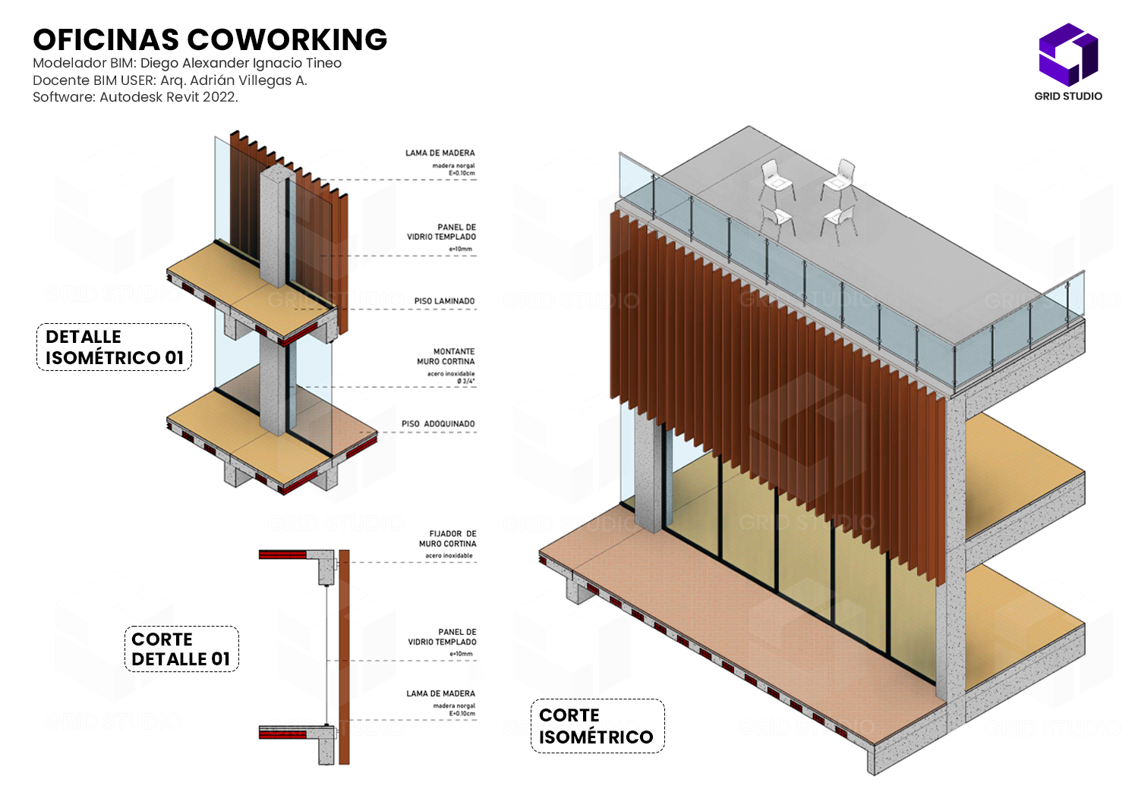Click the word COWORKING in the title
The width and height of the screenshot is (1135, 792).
click(x=287, y=39)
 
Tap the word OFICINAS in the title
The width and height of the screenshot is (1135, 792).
click(x=106, y=39)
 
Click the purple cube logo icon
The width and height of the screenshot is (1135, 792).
click(x=1068, y=54)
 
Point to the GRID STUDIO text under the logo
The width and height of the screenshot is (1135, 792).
click(x=1068, y=96)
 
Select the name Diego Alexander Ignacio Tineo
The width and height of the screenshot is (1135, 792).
click(x=241, y=63)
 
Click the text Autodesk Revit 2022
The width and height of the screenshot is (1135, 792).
click(x=169, y=97)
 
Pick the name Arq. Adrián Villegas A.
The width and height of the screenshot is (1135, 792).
click(x=233, y=80)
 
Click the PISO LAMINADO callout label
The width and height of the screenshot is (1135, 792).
click(x=444, y=301)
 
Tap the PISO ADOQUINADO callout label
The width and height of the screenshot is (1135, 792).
click(x=438, y=424)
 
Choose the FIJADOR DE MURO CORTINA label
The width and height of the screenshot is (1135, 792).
click(x=448, y=539)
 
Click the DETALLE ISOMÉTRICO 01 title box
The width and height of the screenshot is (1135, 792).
click(x=114, y=347)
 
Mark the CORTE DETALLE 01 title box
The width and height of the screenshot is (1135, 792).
click(x=181, y=649)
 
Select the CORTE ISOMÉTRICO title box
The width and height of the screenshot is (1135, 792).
click(x=597, y=726)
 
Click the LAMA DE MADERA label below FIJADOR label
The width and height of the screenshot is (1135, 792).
click(x=440, y=693)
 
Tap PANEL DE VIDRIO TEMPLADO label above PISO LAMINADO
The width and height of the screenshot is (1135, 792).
click(x=442, y=232)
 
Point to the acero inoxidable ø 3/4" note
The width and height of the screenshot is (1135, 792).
click(x=451, y=377)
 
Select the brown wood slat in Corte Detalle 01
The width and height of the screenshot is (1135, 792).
click(x=344, y=656)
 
